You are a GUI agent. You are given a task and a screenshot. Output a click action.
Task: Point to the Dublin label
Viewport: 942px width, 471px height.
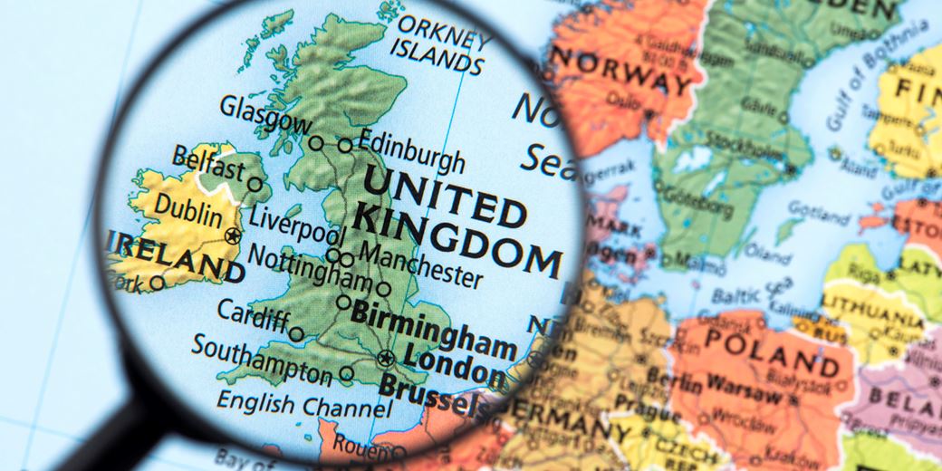point(188,211)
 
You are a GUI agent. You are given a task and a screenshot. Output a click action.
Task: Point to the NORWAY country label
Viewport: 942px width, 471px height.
point(621,73)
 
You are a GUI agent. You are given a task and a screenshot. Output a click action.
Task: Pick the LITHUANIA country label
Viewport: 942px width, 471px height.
point(872,313)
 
